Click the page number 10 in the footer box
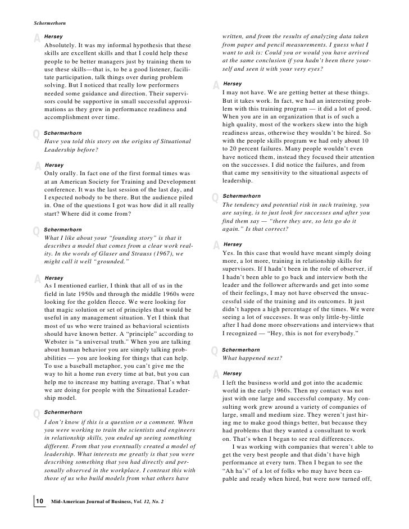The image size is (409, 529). (x=40, y=501)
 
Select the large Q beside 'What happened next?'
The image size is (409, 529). (x=215, y=352)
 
